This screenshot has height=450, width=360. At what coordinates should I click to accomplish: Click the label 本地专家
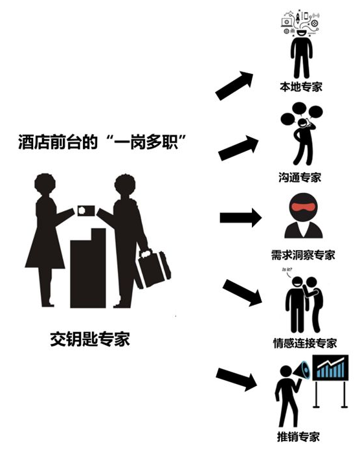(x=301, y=86)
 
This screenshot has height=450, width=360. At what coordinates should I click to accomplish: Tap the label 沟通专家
(x=300, y=177)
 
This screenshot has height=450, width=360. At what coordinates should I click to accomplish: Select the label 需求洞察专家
(x=303, y=255)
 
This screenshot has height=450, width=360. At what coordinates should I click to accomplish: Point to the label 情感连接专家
(x=305, y=343)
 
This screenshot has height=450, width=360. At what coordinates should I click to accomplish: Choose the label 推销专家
(x=298, y=436)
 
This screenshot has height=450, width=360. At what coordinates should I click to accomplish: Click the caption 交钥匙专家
(x=90, y=339)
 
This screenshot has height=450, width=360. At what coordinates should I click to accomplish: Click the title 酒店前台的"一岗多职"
(x=102, y=141)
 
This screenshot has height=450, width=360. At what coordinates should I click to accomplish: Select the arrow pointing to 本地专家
(x=234, y=85)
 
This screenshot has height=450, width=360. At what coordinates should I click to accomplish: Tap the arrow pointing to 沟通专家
(x=238, y=148)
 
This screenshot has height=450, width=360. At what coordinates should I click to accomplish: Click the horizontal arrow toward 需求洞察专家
(x=241, y=218)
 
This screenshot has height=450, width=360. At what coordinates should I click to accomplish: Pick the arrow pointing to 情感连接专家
(x=242, y=293)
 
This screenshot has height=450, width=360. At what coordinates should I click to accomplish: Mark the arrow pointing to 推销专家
(x=236, y=379)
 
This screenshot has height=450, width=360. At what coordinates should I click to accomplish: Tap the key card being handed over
(x=86, y=211)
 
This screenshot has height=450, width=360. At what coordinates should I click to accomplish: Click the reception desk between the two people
(x=88, y=268)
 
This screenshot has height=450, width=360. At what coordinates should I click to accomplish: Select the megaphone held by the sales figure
(x=302, y=371)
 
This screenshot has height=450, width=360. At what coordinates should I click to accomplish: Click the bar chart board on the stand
(x=330, y=368)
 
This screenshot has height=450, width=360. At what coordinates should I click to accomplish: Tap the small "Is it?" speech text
(x=287, y=269)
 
